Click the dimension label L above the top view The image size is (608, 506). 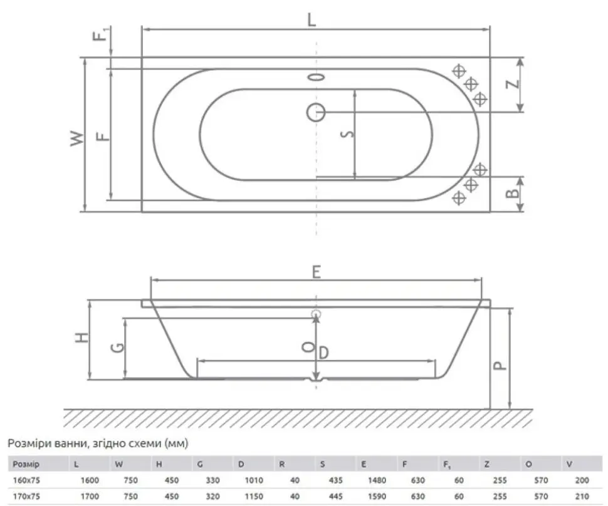(312, 19)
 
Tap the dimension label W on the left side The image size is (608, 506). (76, 138)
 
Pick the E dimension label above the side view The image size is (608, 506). (317, 272)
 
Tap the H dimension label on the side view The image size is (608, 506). (82, 338)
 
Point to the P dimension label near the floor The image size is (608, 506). (501, 365)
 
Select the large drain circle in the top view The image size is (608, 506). (316, 113)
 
